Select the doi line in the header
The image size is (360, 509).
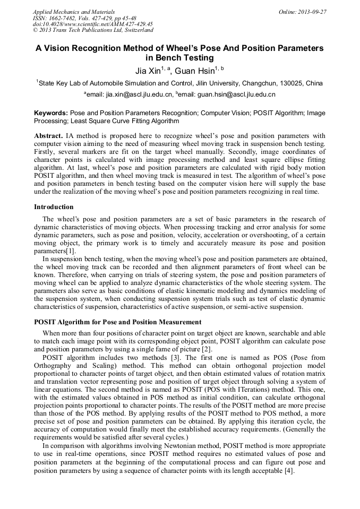92,24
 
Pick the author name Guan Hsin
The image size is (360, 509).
195,71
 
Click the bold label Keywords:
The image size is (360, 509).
51,113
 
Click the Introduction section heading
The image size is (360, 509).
54,206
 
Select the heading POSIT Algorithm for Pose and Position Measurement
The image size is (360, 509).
117,322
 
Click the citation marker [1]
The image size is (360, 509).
71,251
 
